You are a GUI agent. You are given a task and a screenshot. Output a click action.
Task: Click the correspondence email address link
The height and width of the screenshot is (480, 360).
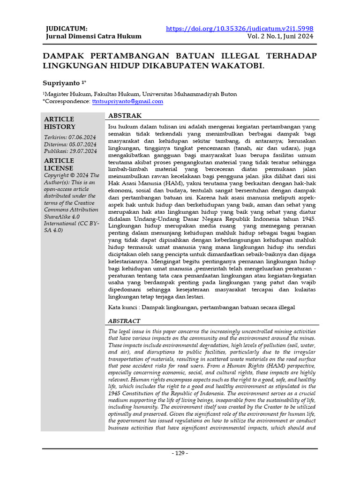[127, 101]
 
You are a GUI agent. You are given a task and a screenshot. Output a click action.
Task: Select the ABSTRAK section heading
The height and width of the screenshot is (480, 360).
[125, 115]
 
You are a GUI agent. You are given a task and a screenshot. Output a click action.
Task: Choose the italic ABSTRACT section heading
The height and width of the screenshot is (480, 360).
[124, 321]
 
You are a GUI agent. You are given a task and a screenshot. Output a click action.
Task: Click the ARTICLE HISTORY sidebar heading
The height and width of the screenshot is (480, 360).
[60, 123]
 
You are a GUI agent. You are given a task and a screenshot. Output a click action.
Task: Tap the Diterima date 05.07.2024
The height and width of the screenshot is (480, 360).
[83, 144]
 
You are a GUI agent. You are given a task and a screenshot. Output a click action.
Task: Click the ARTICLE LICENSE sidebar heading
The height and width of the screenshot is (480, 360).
[60, 164]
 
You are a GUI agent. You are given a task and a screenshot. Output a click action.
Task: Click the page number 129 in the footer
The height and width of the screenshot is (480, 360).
[180, 453]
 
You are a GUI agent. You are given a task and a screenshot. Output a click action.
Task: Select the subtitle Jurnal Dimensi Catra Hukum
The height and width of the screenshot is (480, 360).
[93, 36]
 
